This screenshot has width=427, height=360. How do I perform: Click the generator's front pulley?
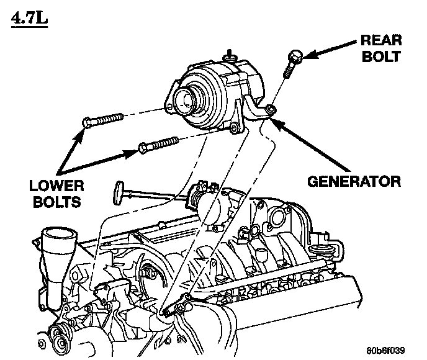184,99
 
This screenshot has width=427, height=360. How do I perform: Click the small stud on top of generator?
230,53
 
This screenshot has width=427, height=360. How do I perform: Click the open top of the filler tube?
54,235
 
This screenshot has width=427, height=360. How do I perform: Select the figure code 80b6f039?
389,349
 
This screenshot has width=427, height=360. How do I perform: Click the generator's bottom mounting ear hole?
235,129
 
